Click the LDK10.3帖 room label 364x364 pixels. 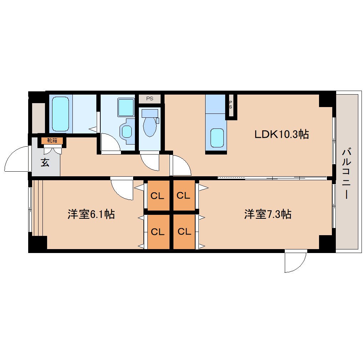click(x=282, y=134)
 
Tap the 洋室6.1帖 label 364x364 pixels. click(x=91, y=214)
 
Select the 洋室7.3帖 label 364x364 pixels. click(x=268, y=214)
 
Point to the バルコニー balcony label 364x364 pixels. click(x=347, y=174)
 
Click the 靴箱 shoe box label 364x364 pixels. click(x=52, y=141)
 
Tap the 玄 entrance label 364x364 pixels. click(x=45, y=162)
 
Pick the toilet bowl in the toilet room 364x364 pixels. click(x=150, y=127)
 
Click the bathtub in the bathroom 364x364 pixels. click(x=60, y=114)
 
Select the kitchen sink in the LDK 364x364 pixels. click(x=217, y=138)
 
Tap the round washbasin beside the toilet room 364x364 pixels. click(x=127, y=132)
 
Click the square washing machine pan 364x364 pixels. click(x=126, y=107)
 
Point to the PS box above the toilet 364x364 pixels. click(x=150, y=99)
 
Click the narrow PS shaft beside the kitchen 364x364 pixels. click(x=231, y=105)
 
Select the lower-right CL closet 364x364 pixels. click(x=184, y=232)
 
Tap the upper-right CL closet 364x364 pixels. click(x=184, y=196)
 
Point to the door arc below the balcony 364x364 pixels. click(x=301, y=266)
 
